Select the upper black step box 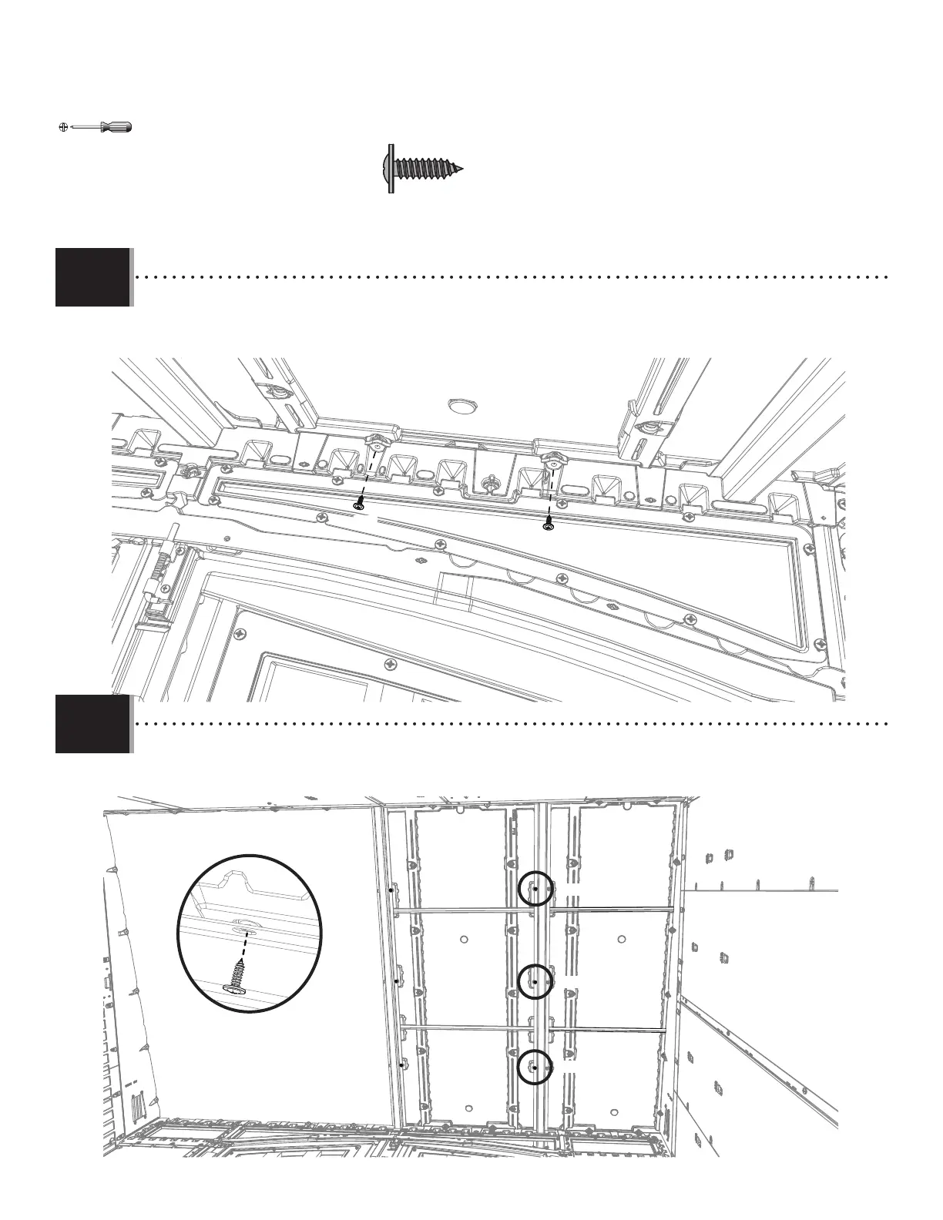pyautogui.click(x=92, y=277)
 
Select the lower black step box pyautogui.click(x=92, y=724)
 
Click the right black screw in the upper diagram pyautogui.click(x=548, y=523)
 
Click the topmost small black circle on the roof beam pyautogui.click(x=535, y=889)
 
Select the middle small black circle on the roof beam pyautogui.click(x=535, y=982)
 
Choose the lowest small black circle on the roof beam pyautogui.click(x=534, y=1067)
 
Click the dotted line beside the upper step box pyautogui.click(x=508, y=275)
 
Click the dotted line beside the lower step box pyautogui.click(x=508, y=723)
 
